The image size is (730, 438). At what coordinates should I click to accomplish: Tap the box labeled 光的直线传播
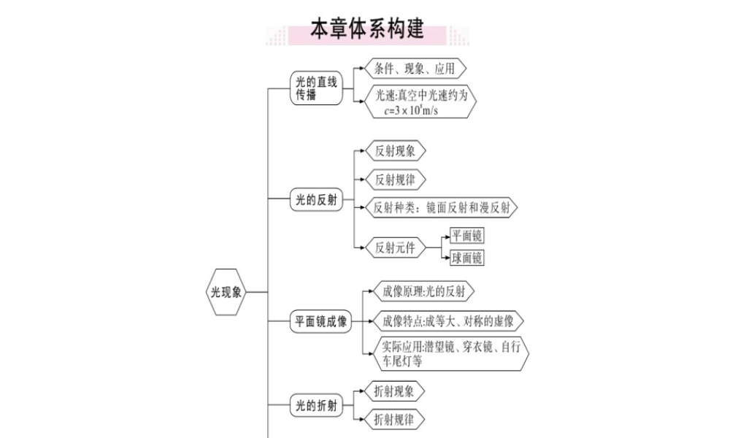click(x=316, y=88)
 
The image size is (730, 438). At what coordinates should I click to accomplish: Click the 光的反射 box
click(x=316, y=199)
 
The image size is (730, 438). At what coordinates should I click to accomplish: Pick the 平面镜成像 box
click(x=322, y=320)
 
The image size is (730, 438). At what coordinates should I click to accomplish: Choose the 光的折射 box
click(x=316, y=405)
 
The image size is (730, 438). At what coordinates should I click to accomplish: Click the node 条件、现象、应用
click(x=414, y=69)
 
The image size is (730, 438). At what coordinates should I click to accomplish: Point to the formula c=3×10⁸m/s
click(x=410, y=111)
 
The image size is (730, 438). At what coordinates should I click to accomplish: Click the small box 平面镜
click(x=466, y=236)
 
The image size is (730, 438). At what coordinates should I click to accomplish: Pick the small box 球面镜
click(x=466, y=258)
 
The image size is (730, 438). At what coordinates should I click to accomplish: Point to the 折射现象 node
click(x=393, y=391)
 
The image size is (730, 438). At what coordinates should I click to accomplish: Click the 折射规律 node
click(x=393, y=420)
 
